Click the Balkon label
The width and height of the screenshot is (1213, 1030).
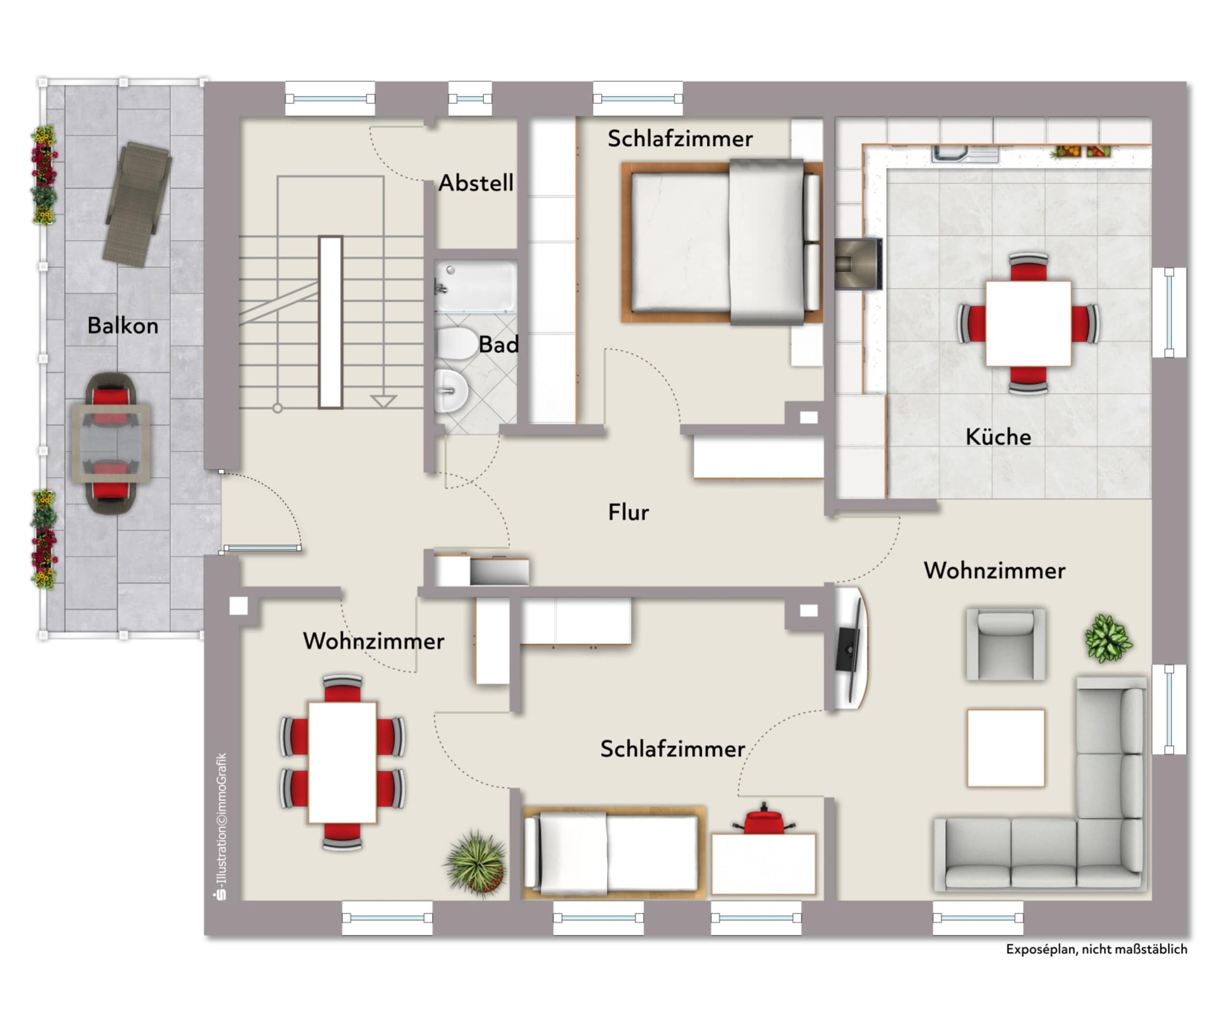[123, 325]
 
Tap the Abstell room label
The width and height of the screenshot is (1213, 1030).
[476, 183]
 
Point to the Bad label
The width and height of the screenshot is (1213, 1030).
[498, 344]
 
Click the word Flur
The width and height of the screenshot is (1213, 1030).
[629, 512]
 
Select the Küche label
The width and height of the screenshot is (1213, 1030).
[998, 436]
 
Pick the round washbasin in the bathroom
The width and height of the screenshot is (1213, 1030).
[452, 391]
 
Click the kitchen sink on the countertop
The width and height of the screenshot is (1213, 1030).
[965, 154]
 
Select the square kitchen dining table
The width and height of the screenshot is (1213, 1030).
[1029, 323]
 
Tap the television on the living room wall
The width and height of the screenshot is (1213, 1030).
[849, 648]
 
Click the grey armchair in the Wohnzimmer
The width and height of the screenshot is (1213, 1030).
[1006, 645]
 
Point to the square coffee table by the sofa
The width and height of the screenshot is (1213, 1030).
[1006, 748]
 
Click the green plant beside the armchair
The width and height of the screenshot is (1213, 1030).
[1108, 638]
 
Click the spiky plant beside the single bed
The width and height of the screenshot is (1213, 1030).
[476, 863]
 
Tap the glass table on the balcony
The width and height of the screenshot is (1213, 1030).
[111, 443]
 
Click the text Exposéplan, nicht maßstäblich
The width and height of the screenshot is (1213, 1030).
[1096, 949]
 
